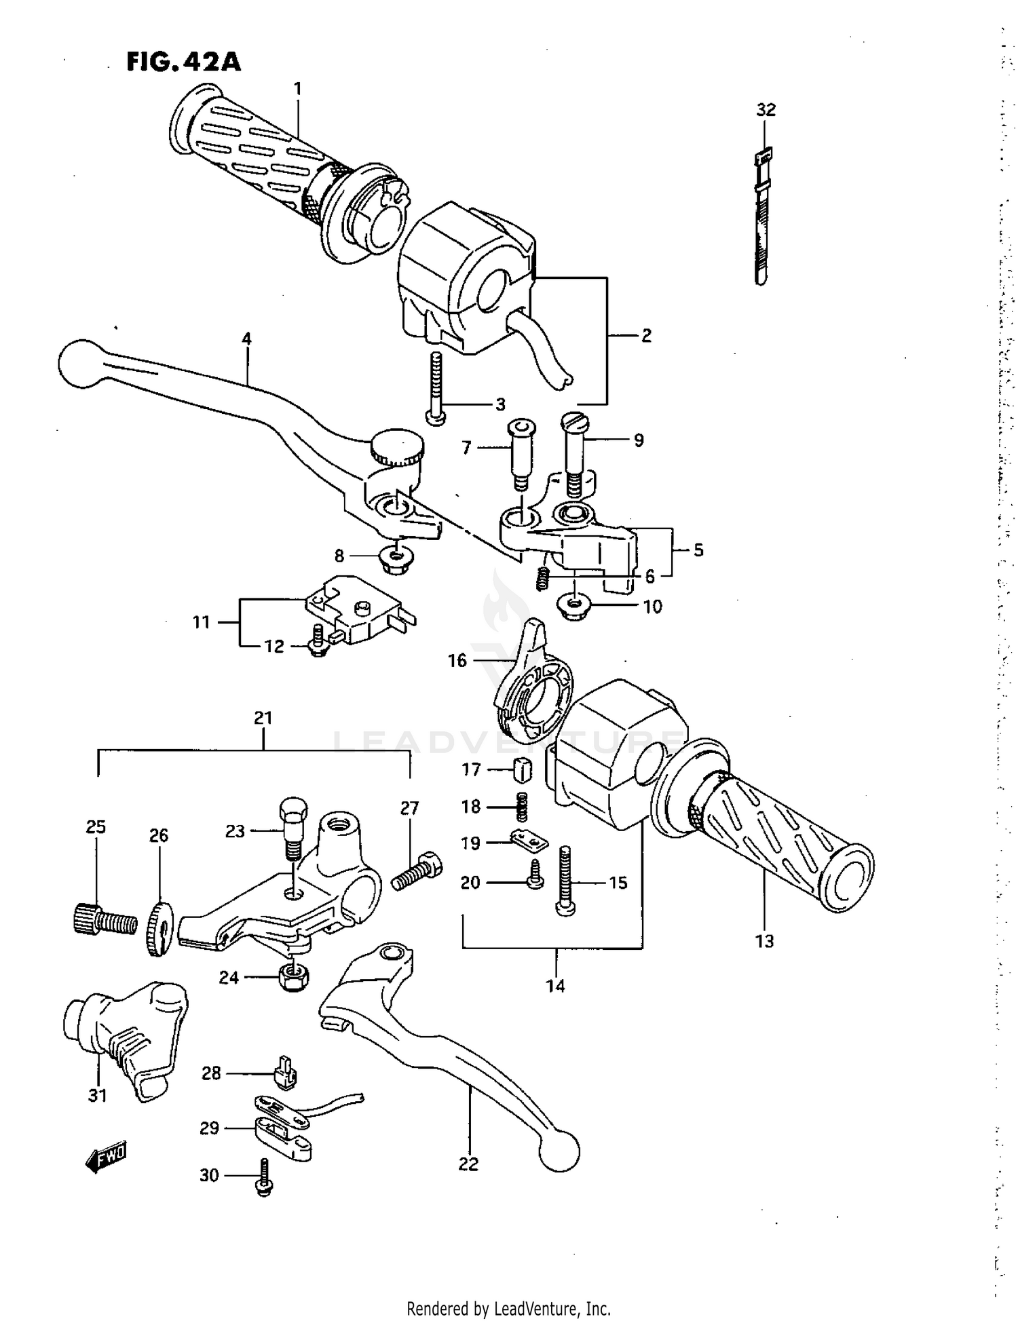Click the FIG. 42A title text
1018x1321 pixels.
click(183, 62)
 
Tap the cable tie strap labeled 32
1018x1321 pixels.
click(762, 217)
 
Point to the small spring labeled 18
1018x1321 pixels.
click(522, 805)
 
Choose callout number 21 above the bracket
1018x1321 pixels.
click(263, 718)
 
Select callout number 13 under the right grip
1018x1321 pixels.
click(764, 941)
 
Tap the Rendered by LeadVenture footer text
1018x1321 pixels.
click(508, 1308)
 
